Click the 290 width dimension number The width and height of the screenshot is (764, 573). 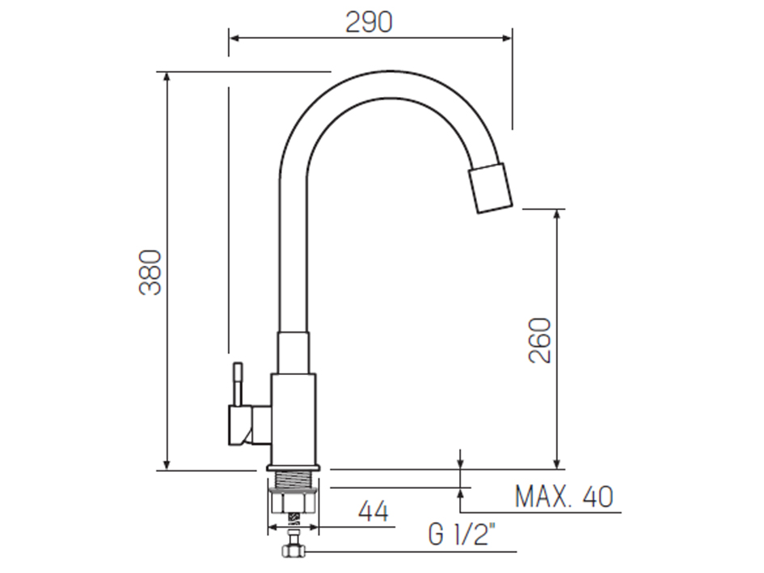pyautogui.click(x=369, y=22)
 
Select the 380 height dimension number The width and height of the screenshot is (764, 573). pyautogui.click(x=151, y=272)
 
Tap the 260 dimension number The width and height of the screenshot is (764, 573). pyautogui.click(x=541, y=340)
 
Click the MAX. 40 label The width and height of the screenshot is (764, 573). pyautogui.click(x=564, y=497)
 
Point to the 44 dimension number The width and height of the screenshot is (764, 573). pyautogui.click(x=373, y=512)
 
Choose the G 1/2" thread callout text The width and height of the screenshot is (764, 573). pyautogui.click(x=462, y=536)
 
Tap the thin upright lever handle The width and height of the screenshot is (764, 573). pyautogui.click(x=237, y=383)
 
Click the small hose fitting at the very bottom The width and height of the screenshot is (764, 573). pyautogui.click(x=293, y=552)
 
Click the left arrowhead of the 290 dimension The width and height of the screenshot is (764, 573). pyautogui.click(x=233, y=36)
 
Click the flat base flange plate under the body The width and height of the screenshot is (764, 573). pyautogui.click(x=295, y=468)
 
